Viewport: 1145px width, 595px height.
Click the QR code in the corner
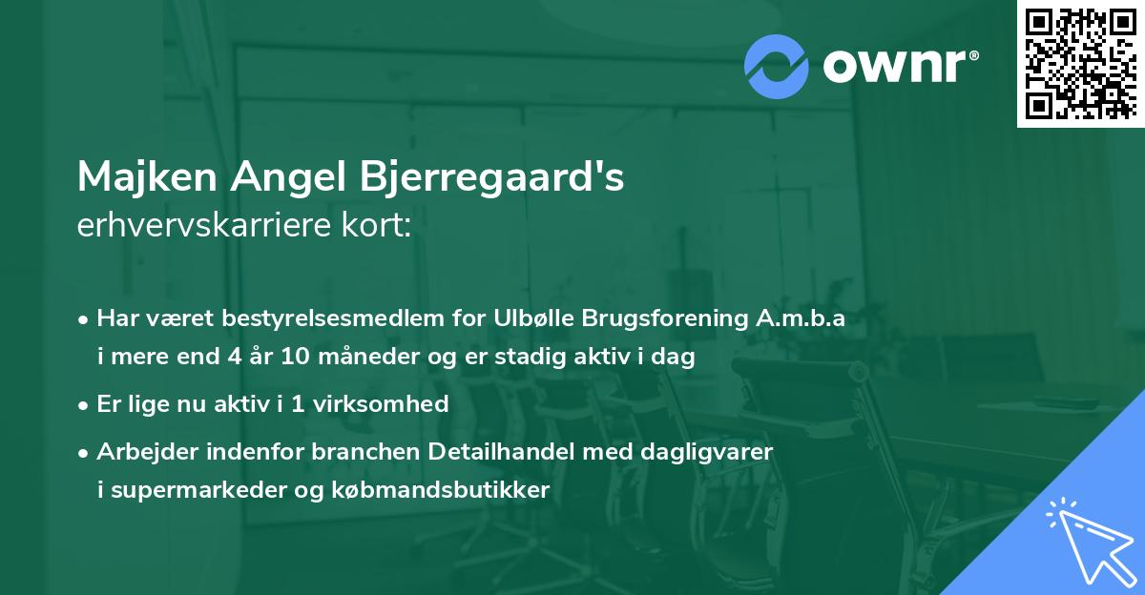[1081, 63]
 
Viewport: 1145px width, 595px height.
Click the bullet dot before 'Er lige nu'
[85, 404]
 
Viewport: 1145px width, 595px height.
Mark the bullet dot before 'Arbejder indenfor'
[85, 451]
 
